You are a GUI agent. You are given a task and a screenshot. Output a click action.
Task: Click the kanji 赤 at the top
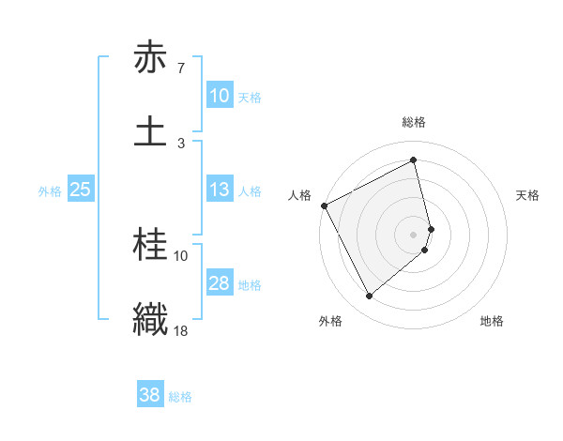(x=150, y=58)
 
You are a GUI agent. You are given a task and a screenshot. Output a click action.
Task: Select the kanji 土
(x=150, y=130)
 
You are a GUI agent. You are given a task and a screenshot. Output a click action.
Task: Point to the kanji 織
(x=150, y=317)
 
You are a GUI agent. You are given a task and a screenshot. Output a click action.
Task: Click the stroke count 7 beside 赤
(x=180, y=68)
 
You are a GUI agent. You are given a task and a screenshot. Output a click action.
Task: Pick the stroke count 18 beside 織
(x=181, y=329)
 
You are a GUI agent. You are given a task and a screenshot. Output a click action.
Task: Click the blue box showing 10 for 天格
(x=219, y=96)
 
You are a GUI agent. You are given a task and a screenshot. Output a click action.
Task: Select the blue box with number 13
(x=219, y=190)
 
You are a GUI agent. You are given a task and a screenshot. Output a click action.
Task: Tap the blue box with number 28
(x=219, y=283)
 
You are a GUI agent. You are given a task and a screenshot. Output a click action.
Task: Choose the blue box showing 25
(x=80, y=190)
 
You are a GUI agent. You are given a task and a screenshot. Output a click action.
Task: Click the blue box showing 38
(x=149, y=395)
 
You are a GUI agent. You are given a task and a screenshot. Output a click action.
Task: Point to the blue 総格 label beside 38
(x=180, y=397)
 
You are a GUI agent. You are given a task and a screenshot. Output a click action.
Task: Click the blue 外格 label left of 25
(x=50, y=191)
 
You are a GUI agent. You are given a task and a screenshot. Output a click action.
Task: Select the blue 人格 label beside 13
(x=250, y=191)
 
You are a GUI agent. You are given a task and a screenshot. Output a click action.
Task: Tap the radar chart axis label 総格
(x=414, y=122)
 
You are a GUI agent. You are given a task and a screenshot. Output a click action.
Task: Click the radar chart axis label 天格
(x=528, y=195)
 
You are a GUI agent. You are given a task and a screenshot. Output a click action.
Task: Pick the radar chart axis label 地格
(x=492, y=321)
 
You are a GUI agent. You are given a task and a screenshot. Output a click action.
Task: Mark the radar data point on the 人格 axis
(x=324, y=205)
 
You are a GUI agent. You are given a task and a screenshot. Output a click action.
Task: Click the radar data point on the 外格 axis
(x=369, y=297)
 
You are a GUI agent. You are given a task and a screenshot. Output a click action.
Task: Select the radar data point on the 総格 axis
(x=414, y=160)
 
